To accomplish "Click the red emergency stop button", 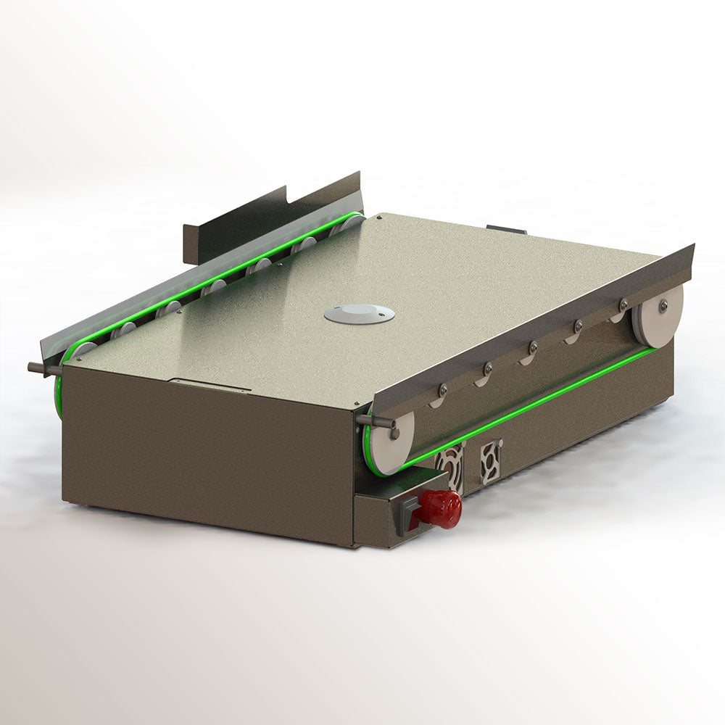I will (441, 507).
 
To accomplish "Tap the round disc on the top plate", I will (359, 313).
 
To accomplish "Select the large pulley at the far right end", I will (658, 315).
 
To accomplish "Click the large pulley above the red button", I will (390, 443).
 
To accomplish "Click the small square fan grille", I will (491, 461).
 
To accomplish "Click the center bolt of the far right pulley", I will (663, 305).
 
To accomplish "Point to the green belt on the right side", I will (529, 407).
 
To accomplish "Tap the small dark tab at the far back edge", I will (507, 229).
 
